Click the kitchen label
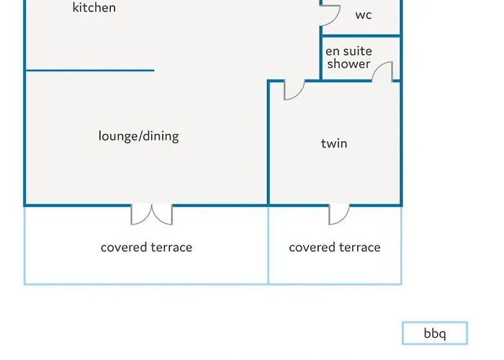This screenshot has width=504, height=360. click(x=94, y=8)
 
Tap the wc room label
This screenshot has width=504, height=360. click(x=364, y=15)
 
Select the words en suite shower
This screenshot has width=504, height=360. click(x=348, y=58)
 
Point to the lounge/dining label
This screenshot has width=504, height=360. click(x=138, y=136)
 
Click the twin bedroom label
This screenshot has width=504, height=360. click(x=334, y=143)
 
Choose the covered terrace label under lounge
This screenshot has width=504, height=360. click(x=146, y=248)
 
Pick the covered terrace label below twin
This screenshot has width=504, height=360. click(x=335, y=248)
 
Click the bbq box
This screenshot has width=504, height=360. click(x=435, y=333)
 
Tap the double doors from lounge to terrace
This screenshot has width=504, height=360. click(x=152, y=214)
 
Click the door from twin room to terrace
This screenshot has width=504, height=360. click(x=338, y=214)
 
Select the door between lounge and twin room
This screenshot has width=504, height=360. click(x=294, y=89)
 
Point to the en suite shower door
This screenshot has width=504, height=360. click(x=383, y=71)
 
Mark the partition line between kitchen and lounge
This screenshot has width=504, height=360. click(x=90, y=71)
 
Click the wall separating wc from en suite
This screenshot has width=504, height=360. click(x=360, y=35)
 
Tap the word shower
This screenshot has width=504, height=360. click(x=349, y=64)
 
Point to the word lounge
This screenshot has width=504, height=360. click(x=117, y=136)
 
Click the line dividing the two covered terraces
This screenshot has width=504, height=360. click(x=269, y=245)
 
